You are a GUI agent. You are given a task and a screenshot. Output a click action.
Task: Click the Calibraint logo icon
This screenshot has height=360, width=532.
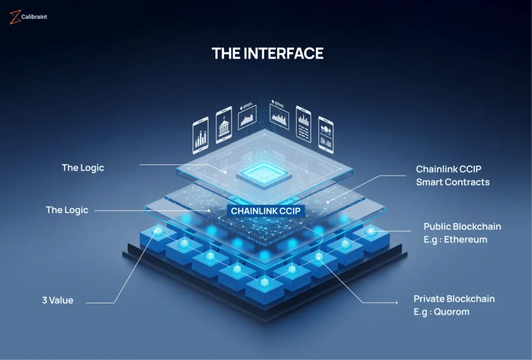[15, 17]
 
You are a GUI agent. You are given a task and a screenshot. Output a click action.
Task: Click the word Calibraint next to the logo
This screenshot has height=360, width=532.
[34, 17]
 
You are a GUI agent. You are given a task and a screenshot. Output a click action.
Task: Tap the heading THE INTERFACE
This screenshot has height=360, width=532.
[268, 53]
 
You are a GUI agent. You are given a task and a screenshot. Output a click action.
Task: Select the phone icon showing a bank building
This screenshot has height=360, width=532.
[224, 125]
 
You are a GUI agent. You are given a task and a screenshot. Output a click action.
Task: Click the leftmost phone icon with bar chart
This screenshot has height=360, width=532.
[201, 136]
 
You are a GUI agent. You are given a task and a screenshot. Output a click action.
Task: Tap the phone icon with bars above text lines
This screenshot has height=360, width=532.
[303, 124]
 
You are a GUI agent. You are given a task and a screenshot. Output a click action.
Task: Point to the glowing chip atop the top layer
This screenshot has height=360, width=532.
[263, 174]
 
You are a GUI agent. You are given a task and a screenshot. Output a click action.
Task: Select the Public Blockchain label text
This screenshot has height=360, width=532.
[462, 226]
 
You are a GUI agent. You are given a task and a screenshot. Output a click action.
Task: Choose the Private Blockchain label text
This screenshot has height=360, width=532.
[454, 299]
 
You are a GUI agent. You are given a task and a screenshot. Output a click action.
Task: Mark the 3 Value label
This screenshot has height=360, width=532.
[58, 300]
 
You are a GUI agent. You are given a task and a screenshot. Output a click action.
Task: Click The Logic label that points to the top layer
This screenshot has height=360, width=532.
[83, 167]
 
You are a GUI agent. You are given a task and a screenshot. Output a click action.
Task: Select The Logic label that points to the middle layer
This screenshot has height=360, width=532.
[67, 210]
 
